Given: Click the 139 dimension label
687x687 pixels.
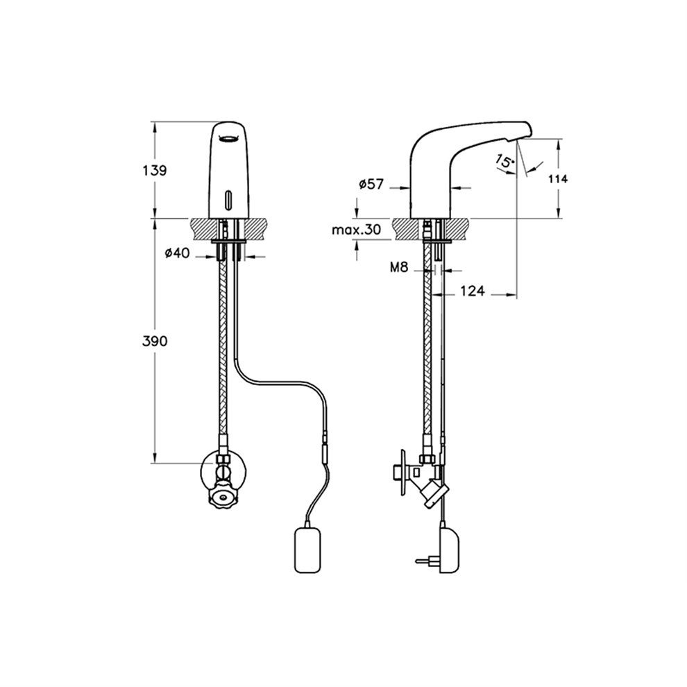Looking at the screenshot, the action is point(155,170).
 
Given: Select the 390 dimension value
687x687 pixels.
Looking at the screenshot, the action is point(155,341).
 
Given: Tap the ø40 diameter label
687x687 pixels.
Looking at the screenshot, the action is point(178,253).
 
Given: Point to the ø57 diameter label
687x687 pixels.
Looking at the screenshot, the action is point(371,185).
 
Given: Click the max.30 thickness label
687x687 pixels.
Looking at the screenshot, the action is point(356,230).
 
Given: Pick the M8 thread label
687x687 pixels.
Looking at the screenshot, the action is point(399,267).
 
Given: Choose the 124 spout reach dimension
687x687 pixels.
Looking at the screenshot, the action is point(473,291).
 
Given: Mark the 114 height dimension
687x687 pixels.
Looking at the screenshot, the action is point(558,179).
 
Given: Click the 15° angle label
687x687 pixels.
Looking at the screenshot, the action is point(504,162).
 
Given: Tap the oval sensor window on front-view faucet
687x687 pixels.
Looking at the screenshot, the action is point(228,200).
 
